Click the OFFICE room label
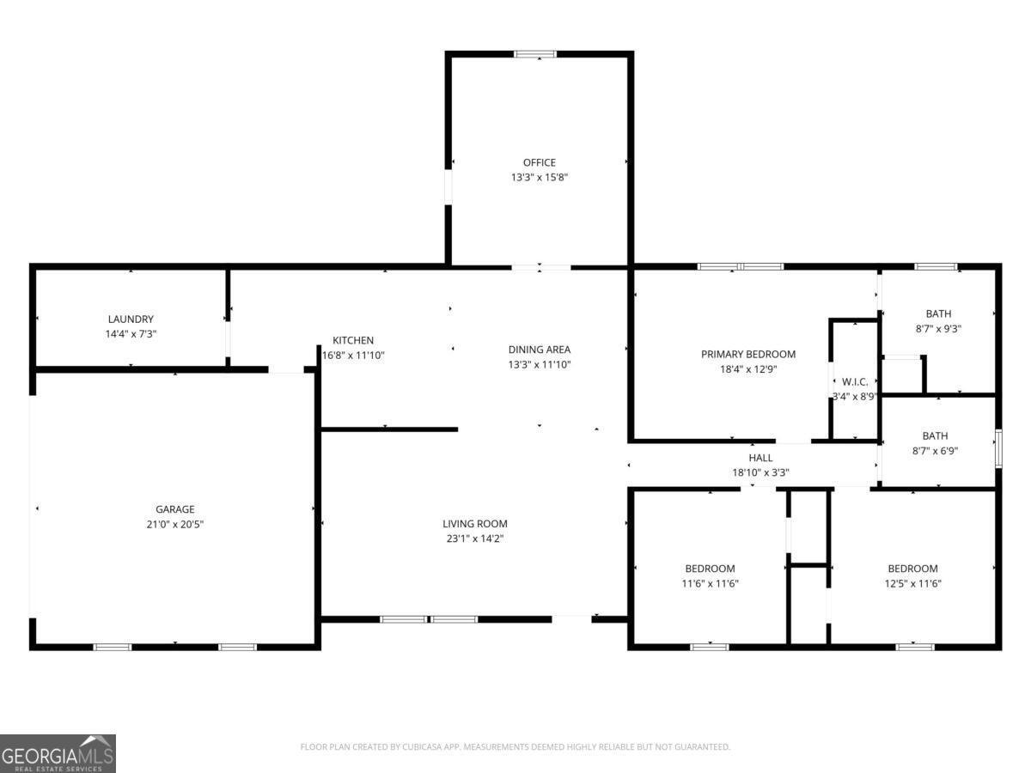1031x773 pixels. (x=540, y=162)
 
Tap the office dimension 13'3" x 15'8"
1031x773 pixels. (x=540, y=178)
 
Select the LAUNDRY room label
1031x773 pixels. (x=131, y=320)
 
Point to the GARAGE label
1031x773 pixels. (x=174, y=509)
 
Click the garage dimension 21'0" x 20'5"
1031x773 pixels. (x=174, y=524)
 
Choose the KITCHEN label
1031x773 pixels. (x=353, y=340)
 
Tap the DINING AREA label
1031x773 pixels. (x=540, y=350)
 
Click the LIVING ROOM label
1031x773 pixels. (x=475, y=524)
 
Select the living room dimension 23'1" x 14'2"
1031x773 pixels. (x=475, y=539)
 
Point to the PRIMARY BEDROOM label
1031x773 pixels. (x=748, y=354)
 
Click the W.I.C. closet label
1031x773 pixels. (x=855, y=381)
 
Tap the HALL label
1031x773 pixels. (x=760, y=458)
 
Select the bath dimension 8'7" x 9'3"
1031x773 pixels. (x=938, y=328)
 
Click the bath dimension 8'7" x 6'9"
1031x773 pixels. (x=938, y=450)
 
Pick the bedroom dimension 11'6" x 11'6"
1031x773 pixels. (x=710, y=583)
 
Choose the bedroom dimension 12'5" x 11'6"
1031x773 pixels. (x=912, y=583)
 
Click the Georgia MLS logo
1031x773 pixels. (x=58, y=753)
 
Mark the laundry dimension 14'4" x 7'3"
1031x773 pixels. (x=131, y=334)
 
